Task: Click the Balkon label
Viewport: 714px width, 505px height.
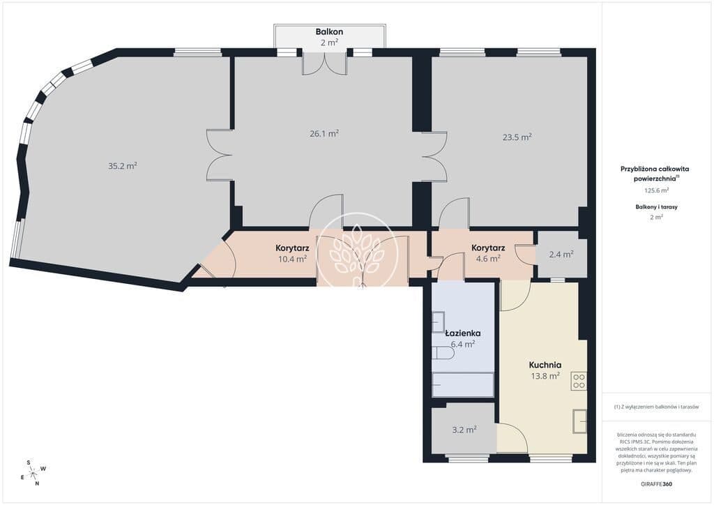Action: (329, 32)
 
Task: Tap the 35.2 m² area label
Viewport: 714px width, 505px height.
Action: (123, 166)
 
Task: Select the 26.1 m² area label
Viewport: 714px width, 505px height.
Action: (324, 133)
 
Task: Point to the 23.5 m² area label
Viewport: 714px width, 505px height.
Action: (517, 137)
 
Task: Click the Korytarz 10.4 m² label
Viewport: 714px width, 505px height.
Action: (292, 254)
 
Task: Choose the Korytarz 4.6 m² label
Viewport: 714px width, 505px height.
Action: (488, 253)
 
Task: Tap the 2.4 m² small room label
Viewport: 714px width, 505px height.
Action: (561, 255)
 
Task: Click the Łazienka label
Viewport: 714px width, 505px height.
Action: (463, 333)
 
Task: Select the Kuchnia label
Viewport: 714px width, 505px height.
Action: (545, 365)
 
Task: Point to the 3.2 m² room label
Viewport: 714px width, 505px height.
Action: (464, 430)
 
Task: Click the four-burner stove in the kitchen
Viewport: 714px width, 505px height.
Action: (579, 381)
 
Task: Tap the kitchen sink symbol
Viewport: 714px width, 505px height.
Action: (579, 421)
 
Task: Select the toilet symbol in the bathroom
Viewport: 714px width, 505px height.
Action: (443, 354)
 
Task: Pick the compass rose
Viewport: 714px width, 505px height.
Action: (33, 473)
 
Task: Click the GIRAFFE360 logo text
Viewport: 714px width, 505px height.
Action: (656, 484)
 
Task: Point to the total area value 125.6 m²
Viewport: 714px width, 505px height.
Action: (656, 191)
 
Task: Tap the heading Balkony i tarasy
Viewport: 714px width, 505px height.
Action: (656, 206)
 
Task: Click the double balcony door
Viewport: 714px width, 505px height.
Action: (325, 63)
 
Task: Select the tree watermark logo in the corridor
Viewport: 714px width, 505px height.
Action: (356, 252)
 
